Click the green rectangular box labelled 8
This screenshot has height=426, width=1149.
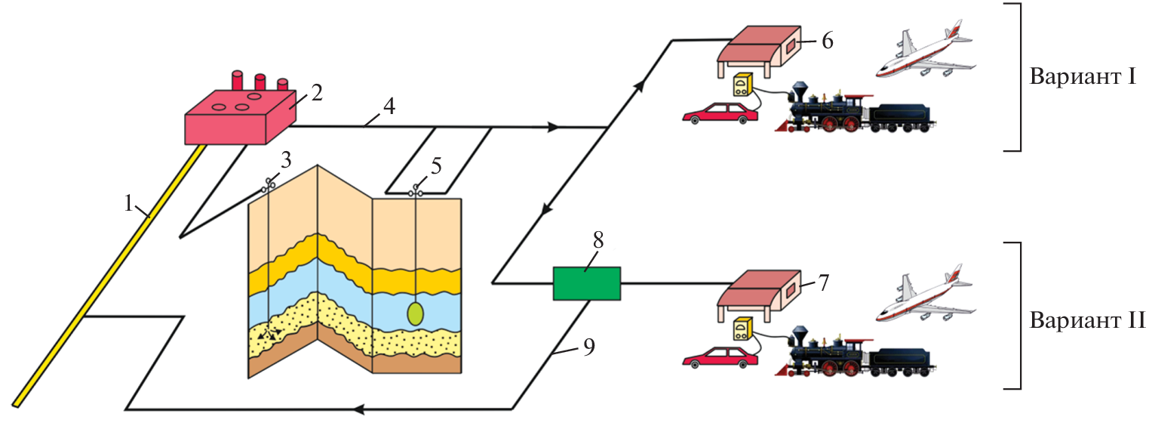tap(586, 283)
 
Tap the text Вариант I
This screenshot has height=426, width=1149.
tap(1082, 79)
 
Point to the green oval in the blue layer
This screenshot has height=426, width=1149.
tap(416, 313)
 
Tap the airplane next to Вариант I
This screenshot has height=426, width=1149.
tap(925, 51)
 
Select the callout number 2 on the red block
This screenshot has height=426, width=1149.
tap(317, 94)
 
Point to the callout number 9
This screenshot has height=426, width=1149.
tap(589, 346)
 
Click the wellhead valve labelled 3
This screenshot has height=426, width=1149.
tap(270, 184)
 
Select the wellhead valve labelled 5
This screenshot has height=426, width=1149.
tap(416, 192)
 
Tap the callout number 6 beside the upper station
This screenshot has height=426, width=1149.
tap(827, 41)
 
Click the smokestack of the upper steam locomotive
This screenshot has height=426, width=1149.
tap(799, 87)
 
